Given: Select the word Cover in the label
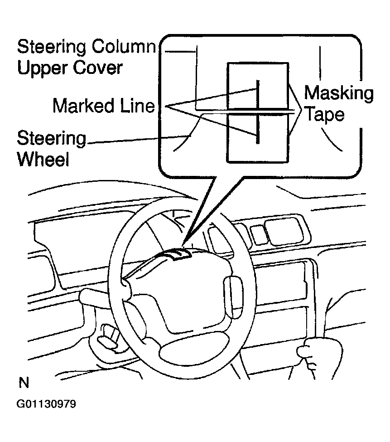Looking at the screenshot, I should click(x=100, y=68).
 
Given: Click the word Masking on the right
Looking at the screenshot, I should click(x=338, y=93).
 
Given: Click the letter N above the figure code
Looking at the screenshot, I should click(x=24, y=383).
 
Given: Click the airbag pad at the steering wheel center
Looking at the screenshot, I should click(x=181, y=290).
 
